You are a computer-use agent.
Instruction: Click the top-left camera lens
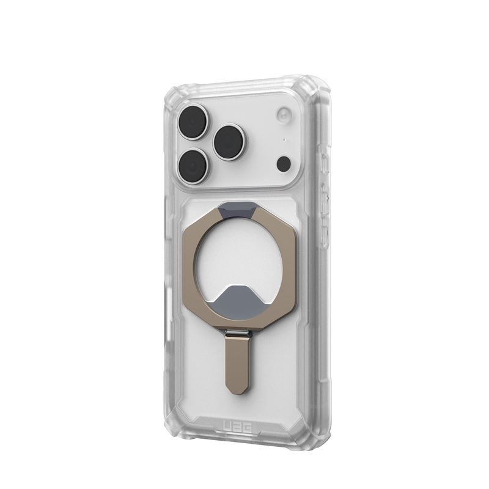pos(193,122)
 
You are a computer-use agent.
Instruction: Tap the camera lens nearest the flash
pos(229,142)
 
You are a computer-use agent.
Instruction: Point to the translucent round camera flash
pos(284,114)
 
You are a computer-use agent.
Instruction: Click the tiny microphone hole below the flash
pos(284,140)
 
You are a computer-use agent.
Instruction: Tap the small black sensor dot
pos(284,163)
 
